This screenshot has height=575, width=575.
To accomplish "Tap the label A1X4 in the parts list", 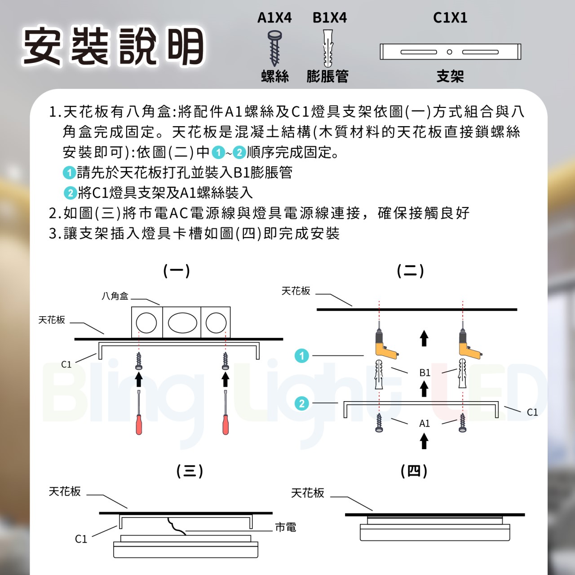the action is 274,18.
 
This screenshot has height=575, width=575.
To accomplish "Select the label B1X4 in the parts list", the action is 330,18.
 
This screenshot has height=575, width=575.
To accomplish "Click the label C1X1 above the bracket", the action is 450,18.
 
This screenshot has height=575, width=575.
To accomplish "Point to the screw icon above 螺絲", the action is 274,48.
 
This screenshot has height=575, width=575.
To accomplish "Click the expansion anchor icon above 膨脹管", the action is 328,48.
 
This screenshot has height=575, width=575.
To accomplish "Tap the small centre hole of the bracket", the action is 449,52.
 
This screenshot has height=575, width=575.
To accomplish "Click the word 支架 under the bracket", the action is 450,76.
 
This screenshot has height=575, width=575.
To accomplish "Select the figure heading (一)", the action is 177,270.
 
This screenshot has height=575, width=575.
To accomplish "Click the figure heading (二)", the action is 410,270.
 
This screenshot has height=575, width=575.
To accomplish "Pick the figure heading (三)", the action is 190,471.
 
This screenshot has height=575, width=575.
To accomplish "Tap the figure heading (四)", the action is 414,471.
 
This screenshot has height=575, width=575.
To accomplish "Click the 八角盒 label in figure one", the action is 115,296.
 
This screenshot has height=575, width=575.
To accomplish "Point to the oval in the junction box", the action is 182,323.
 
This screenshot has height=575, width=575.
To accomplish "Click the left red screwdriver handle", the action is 139,425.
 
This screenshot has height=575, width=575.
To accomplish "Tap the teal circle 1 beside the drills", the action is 302,356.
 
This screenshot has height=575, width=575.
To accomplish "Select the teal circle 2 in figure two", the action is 302,403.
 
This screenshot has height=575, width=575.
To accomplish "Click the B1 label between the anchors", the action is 425,373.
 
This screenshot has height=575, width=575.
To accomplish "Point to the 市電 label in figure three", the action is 286,527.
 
